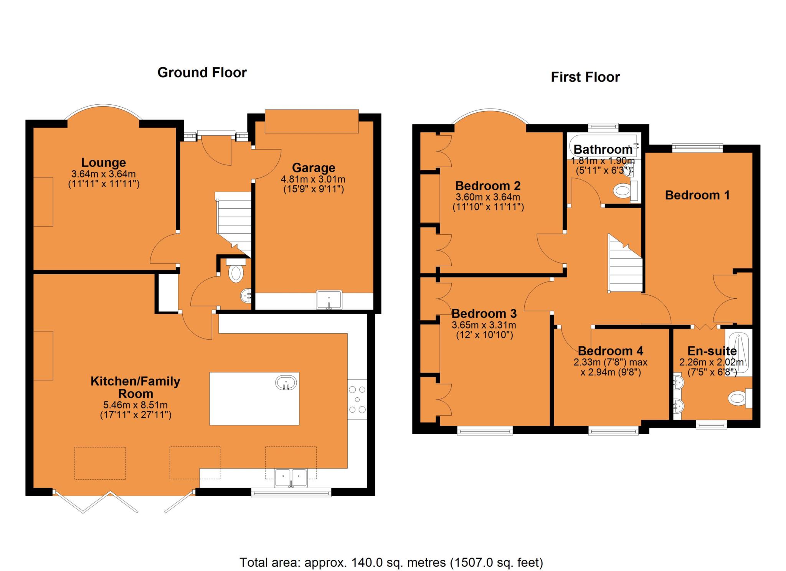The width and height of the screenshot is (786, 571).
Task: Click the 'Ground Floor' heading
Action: pyautogui.click(x=202, y=72)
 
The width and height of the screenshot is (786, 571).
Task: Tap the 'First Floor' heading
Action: pyautogui.click(x=585, y=77)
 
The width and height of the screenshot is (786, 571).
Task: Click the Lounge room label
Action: pyautogui.click(x=104, y=163)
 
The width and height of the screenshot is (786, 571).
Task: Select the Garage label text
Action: pyautogui.click(x=314, y=168)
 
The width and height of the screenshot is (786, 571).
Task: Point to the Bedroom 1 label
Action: pyautogui.click(x=697, y=195)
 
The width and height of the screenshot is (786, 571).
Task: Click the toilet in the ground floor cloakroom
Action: pyautogui.click(x=236, y=270)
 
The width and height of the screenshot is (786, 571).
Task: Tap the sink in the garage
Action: pyautogui.click(x=329, y=300)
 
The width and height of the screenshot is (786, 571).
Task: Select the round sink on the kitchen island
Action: pyautogui.click(x=286, y=383)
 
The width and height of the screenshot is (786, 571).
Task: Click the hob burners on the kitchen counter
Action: pyautogui.click(x=357, y=400)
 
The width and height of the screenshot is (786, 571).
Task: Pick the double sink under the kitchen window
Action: pyautogui.click(x=291, y=478)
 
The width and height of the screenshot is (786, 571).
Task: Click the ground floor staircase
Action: pyautogui.click(x=233, y=224)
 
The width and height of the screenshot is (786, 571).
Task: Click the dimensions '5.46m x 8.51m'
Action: pyautogui.click(x=135, y=405)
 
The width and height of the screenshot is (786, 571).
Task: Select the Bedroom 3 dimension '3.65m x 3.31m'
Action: pyautogui.click(x=484, y=325)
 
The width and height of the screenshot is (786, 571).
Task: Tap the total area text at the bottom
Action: pyautogui.click(x=391, y=563)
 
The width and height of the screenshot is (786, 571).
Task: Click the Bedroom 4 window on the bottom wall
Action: pyautogui.click(x=613, y=431)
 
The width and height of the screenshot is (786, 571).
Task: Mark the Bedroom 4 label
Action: pyautogui.click(x=610, y=351)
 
